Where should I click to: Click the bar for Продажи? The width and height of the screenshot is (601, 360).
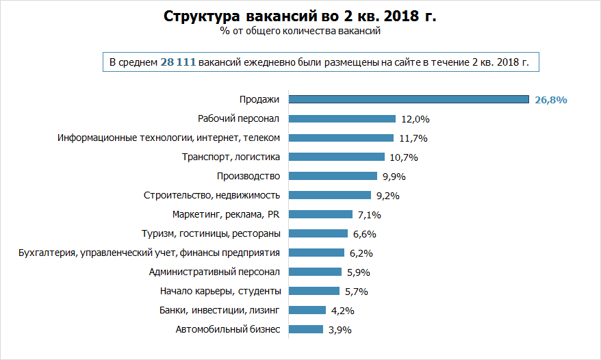point(409,99)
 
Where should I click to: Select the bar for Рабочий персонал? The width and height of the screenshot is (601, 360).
point(342,118)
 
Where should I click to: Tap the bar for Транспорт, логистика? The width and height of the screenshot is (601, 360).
point(337,157)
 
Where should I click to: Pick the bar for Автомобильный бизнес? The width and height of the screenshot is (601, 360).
point(306,329)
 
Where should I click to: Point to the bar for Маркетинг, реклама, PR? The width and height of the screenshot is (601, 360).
point(320,214)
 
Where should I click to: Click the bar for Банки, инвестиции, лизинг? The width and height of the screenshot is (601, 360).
point(307,310)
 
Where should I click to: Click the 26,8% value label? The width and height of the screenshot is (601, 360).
point(551,100)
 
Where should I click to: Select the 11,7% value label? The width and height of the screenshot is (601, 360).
point(413,138)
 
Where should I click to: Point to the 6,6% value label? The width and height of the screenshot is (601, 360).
point(366,234)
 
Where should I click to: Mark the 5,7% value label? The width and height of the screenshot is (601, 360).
point(357,292)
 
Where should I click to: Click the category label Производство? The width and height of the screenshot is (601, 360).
point(248,176)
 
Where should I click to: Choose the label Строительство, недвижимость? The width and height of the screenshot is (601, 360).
point(212,195)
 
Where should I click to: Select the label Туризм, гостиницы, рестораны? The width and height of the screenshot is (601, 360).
point(210,233)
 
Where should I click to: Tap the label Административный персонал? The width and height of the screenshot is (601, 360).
point(215,272)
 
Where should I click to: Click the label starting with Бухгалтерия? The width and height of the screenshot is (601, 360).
point(149,253)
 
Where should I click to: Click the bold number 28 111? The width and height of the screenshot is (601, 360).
point(178,62)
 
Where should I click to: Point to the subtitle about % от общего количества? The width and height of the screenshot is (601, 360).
point(300,31)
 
